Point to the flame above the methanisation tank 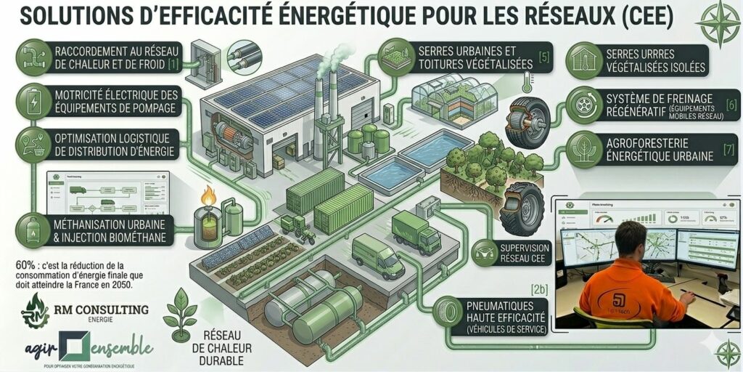[x=209, y=195]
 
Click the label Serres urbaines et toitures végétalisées [x=475, y=58]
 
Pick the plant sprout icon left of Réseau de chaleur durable [x=179, y=314]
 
